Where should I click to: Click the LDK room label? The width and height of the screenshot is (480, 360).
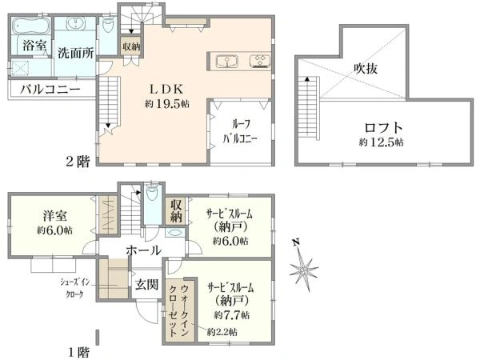pos(166,90)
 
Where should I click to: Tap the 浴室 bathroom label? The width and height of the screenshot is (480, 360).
pos(34,46)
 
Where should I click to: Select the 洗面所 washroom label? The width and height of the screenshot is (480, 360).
pos(76,53)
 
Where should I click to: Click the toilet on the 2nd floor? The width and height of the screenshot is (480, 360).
pos(107,25)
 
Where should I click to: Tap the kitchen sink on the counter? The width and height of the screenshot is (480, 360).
pos(227,61)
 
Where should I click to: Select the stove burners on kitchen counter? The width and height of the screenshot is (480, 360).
pos(260,61)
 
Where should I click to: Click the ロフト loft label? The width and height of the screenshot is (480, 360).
pos(383,128)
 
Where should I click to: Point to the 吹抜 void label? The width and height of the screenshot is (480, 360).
pos(366,68)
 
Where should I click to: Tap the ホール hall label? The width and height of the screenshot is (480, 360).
pos(143,250)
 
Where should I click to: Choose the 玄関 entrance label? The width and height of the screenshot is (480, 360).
pos(146,285)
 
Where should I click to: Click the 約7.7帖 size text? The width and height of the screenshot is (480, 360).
pos(231,314)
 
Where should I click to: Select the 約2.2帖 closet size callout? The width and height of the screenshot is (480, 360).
pos(222,331)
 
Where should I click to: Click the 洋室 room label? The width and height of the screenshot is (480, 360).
pos(54,216)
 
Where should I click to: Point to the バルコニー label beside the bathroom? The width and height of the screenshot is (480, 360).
pos(50,90)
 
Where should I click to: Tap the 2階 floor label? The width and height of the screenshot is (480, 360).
pos(78,162)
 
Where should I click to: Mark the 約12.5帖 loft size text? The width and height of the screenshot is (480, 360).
pos(381,142)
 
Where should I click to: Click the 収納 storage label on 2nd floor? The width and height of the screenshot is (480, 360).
pos(131,47)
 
